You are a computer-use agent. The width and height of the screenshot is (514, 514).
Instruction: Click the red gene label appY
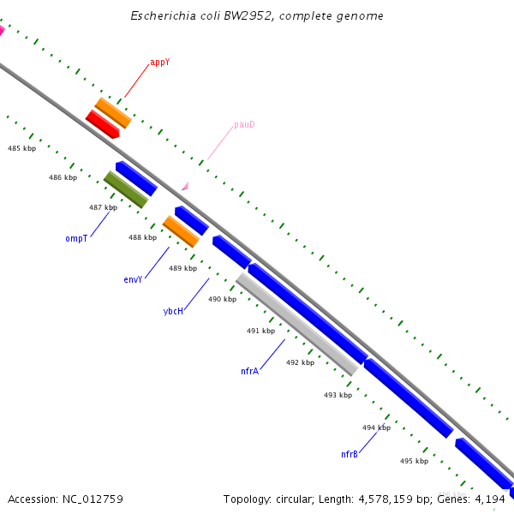click(x=159, y=63)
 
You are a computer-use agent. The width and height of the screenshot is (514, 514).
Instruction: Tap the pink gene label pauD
click(x=244, y=125)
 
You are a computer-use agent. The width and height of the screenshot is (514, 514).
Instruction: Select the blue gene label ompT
click(x=76, y=238)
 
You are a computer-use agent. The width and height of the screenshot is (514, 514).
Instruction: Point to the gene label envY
click(x=133, y=279)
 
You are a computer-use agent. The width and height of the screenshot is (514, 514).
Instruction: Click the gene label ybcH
click(x=173, y=312)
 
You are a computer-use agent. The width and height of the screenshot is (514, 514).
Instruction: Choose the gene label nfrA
click(x=249, y=371)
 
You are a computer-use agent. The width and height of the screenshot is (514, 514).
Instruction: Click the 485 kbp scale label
click(x=22, y=148)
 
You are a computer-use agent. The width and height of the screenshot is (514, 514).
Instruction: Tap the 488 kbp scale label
click(x=143, y=237)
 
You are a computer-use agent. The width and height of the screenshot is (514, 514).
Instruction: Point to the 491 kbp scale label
click(x=261, y=331)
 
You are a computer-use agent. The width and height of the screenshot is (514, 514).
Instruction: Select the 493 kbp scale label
click(x=338, y=395)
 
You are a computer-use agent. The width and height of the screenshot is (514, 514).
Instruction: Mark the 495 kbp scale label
click(x=414, y=461)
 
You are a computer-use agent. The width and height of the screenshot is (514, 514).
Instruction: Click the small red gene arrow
click(x=102, y=123)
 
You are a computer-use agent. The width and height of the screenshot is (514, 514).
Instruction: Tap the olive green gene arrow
click(x=126, y=189)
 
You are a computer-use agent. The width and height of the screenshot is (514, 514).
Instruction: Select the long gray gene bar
click(x=296, y=324)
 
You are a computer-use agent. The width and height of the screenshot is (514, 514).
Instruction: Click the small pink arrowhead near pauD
click(x=184, y=185)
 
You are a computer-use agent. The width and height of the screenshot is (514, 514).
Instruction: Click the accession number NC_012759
click(x=93, y=499)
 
